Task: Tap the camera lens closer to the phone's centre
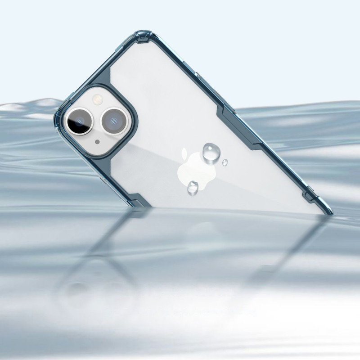click(x=114, y=120)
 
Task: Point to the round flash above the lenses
click(x=97, y=99)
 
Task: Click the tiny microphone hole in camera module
click(x=97, y=142)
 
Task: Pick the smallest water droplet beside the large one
click(x=225, y=162)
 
